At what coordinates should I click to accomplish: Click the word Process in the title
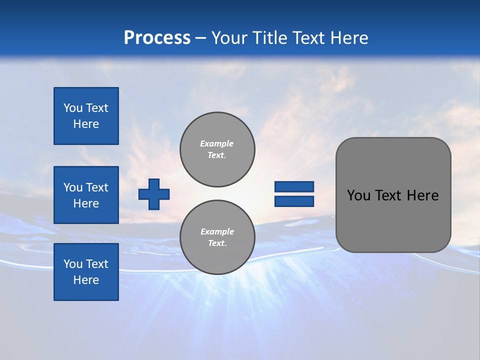point(157,38)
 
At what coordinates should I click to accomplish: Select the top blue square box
point(86,116)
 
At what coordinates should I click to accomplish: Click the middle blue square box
point(86,195)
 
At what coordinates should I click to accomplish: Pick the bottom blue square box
point(86,272)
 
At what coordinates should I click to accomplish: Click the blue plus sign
point(154,193)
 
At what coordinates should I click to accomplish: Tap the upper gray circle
point(217,149)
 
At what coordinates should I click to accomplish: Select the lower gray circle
point(217,237)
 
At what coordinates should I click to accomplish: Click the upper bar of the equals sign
point(294,186)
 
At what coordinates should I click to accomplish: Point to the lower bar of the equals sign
point(294,201)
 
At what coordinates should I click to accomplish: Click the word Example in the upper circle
point(217,143)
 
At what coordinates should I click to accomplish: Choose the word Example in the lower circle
point(217,231)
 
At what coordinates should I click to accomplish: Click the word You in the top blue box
point(72,108)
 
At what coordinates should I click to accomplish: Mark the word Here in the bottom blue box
point(86,280)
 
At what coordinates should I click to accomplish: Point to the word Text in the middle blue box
point(97,187)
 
